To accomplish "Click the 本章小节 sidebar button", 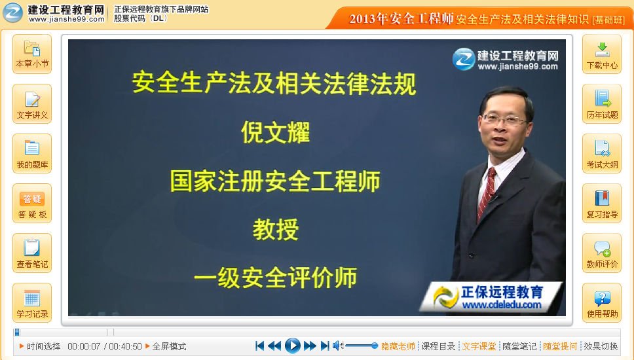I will click(x=32, y=54).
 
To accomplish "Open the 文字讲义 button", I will click(x=32, y=104).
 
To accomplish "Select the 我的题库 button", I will click(x=32, y=154).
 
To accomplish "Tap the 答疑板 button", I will click(x=32, y=204).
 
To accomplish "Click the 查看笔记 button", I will click(x=32, y=253).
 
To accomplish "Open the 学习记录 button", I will click(x=32, y=303).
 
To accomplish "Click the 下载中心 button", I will click(x=602, y=54).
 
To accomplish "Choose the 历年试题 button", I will click(x=602, y=104).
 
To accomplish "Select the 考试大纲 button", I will click(x=602, y=154).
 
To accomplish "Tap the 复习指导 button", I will click(x=602, y=204).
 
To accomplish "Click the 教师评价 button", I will click(x=602, y=253).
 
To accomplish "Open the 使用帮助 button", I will click(x=602, y=303).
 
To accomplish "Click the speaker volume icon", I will click(x=337, y=346).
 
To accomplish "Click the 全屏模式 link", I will click(x=169, y=346).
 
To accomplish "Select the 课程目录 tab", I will click(x=438, y=346).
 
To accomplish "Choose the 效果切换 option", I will click(x=601, y=346).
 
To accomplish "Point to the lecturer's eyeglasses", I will click(x=503, y=120).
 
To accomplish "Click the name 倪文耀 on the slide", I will click(x=275, y=133).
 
